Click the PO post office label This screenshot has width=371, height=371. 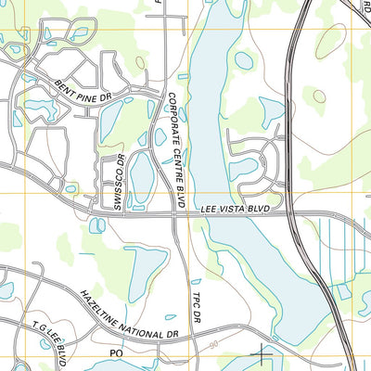coord(117,353)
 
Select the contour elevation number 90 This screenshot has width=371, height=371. coord(216,344)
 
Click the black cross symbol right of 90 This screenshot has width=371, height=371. coord(264,353)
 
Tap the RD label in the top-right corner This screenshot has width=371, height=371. coord(365,5)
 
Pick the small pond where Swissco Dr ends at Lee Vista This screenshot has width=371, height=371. coord(96,224)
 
